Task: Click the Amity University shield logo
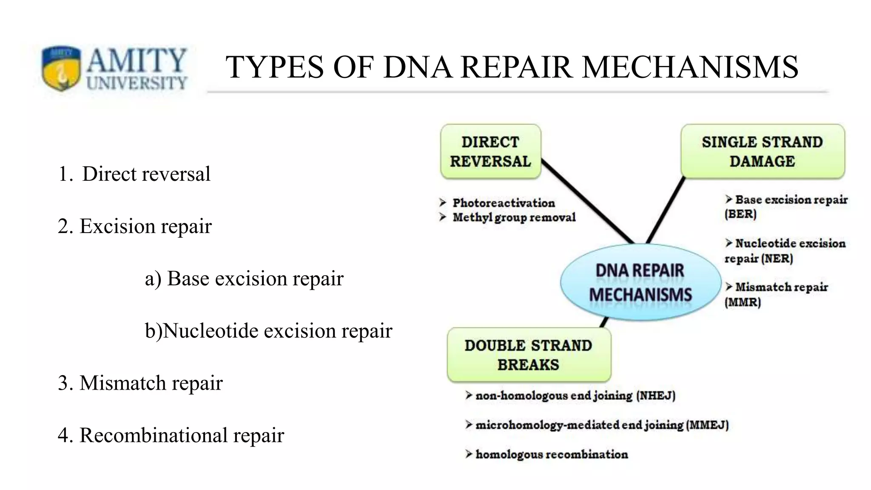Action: [x=61, y=68]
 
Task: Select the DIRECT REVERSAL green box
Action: [x=490, y=151]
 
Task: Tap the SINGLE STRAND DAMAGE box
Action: [x=762, y=151]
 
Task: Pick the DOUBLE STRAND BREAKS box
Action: [x=529, y=355]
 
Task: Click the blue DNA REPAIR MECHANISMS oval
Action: [x=640, y=282]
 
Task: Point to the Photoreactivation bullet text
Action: [x=504, y=203]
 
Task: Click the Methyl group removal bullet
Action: [x=514, y=217]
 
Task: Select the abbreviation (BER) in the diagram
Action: [x=740, y=214]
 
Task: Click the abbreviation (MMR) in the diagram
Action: [x=743, y=302]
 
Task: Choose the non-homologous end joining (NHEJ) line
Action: [x=575, y=396]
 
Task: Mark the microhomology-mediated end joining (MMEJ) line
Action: [x=601, y=425]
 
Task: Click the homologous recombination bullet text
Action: [x=551, y=454]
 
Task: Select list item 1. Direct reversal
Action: [x=134, y=174]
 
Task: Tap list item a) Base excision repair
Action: [x=244, y=279]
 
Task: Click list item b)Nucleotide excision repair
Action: [x=268, y=331]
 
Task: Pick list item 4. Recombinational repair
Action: [x=171, y=435]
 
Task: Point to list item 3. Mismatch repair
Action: [x=140, y=383]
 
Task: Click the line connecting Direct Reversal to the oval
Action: [x=587, y=202]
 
